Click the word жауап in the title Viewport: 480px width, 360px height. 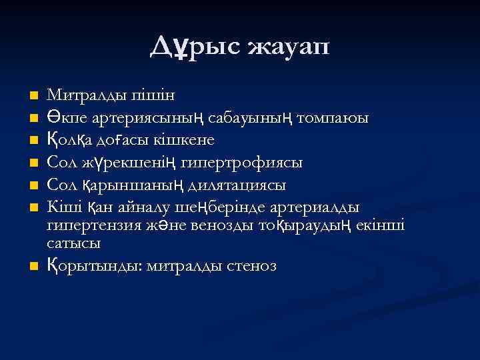click(288, 48)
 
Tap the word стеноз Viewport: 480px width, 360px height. click(251, 266)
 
